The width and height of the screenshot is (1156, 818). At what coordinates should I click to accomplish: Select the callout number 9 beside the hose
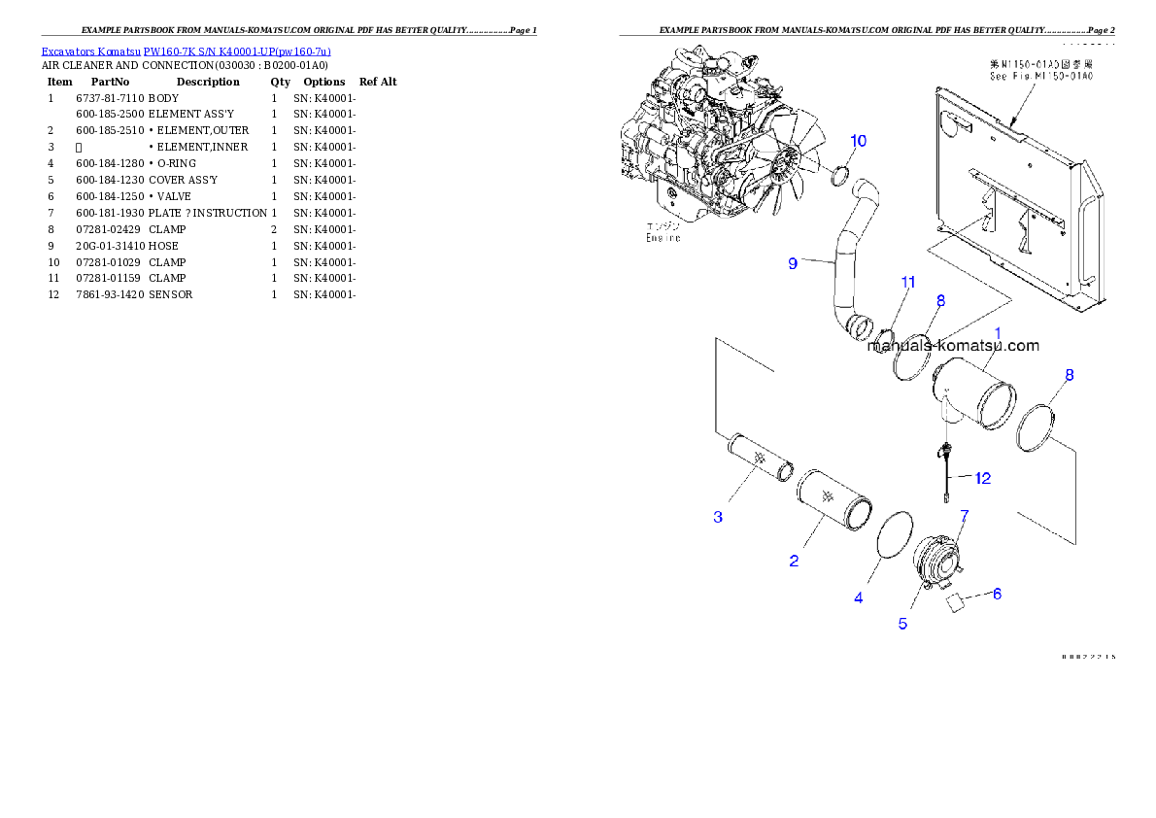coord(793,263)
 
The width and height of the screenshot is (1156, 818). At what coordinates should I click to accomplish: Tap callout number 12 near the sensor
coord(982,478)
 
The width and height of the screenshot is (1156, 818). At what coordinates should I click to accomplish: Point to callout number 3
coord(718,517)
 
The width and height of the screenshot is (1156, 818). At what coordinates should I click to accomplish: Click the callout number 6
coord(997,593)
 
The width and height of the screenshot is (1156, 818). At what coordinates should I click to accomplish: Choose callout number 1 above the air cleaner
coord(997,332)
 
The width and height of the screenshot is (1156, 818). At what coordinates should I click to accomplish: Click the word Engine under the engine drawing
coord(663,238)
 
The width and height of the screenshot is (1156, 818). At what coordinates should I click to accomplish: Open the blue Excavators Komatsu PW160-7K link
coord(186,51)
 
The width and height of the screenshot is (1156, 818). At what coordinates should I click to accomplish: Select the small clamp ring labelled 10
coord(839,176)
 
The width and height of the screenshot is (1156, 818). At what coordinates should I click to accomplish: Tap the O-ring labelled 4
coord(895,537)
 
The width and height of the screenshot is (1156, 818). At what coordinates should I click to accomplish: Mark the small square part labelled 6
coord(954,602)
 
